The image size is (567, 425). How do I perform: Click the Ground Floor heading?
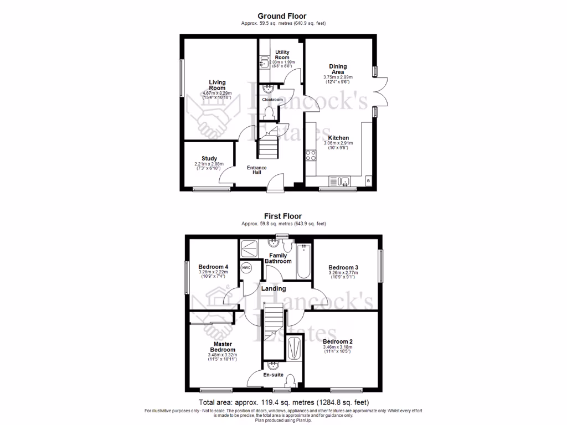click(282, 16)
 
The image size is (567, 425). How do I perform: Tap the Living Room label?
click(217, 85)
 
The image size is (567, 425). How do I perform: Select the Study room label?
click(209, 158)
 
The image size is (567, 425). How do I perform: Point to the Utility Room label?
click(282, 55)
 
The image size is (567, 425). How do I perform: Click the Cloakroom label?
click(272, 100)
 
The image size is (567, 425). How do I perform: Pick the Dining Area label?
click(338, 69)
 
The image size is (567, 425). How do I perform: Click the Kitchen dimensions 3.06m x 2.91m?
click(338, 143)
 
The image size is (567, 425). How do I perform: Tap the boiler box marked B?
click(368, 182)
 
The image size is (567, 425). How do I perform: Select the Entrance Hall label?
click(257, 170)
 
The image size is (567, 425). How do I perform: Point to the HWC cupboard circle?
click(246, 268)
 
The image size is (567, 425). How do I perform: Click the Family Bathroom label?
click(278, 258)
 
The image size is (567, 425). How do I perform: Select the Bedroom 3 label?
click(343, 266)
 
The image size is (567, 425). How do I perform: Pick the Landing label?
click(274, 288)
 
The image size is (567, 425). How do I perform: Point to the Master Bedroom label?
click(222, 346)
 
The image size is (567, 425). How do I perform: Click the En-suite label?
click(273, 375)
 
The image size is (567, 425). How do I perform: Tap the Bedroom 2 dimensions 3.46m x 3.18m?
click(338, 347)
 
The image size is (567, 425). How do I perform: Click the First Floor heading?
click(283, 216)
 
